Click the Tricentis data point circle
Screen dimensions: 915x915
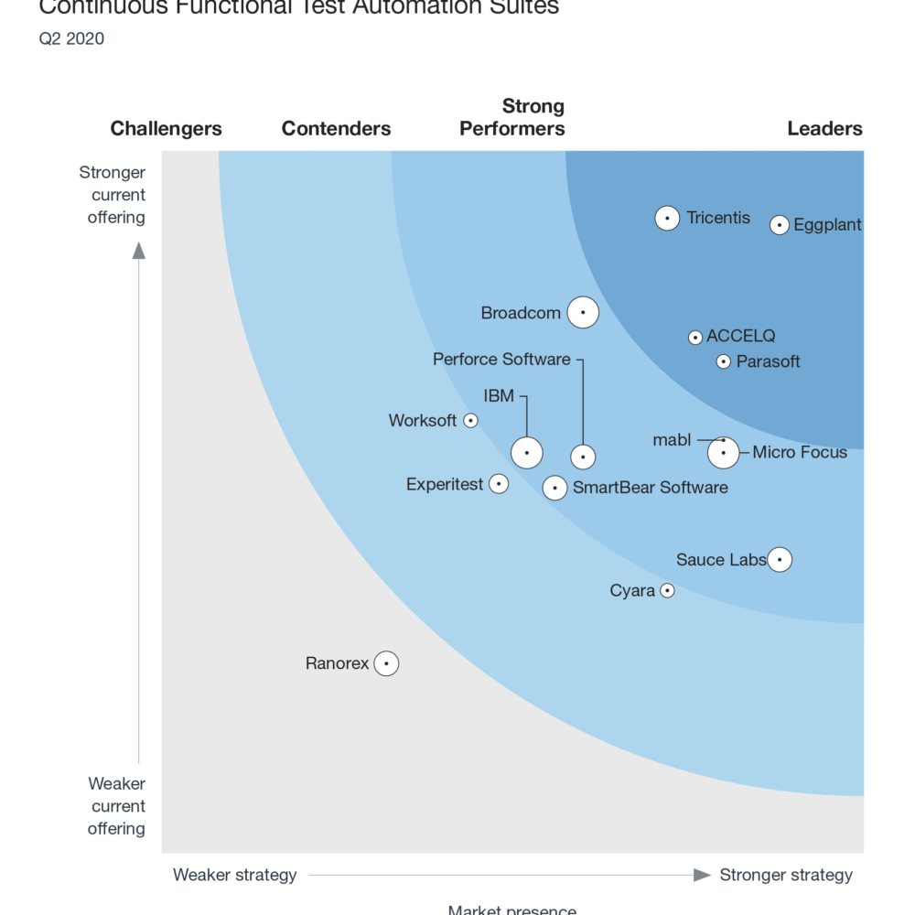pos(668,219)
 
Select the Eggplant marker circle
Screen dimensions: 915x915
pos(780,224)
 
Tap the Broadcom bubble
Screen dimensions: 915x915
pos(583,313)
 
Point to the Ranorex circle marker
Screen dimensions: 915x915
pos(387,663)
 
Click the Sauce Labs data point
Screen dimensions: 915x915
pos(780,559)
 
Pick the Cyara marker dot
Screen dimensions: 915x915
pos(668,591)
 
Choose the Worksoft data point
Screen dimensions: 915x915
pos(471,421)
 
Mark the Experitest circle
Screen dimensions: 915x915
pos(499,484)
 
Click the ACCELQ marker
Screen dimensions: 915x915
pos(695,338)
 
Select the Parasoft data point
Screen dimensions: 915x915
pos(724,361)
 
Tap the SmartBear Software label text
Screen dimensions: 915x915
pos(651,488)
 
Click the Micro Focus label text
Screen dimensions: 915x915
pos(800,452)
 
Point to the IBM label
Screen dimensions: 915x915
pos(499,396)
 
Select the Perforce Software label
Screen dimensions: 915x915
pos(501,360)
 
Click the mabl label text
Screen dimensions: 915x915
pos(672,440)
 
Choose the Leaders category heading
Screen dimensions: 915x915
pos(824,129)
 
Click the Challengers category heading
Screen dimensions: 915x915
pos(166,129)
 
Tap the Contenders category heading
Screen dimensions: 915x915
pos(336,129)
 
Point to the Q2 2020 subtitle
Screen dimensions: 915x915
pos(71,38)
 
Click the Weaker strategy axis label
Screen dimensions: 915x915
pos(235,876)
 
